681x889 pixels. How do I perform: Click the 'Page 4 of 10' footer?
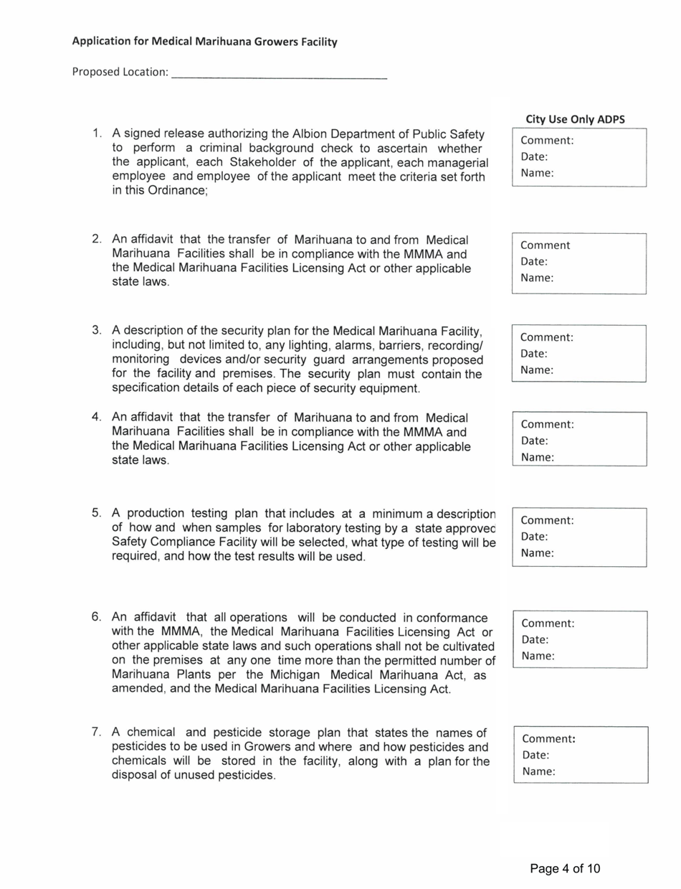tap(565, 869)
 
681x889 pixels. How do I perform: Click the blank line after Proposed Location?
tap(280, 74)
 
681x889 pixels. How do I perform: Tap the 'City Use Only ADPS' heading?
tap(575, 120)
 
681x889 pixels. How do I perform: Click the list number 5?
tap(96, 513)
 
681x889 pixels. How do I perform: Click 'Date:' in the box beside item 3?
tap(534, 354)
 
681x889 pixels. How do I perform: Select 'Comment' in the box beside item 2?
tap(546, 245)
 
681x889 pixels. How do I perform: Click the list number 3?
tap(96, 330)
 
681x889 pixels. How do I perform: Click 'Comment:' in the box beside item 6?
tap(548, 624)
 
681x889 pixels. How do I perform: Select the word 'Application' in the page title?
tap(100, 42)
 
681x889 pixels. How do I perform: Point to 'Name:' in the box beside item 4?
tap(538, 457)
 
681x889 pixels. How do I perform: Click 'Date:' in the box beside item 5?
tap(535, 537)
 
